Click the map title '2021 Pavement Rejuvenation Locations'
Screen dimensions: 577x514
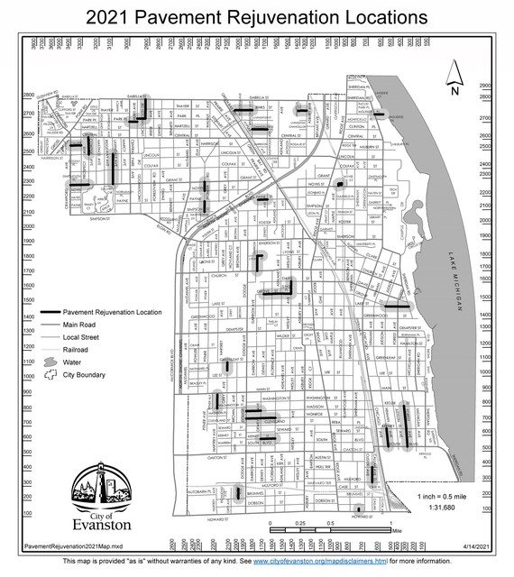pyautogui.click(x=256, y=17)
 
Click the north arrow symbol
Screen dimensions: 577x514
pyautogui.click(x=455, y=78)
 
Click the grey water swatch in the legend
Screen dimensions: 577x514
pyautogui.click(x=50, y=362)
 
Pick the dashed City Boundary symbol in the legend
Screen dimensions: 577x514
pyautogui.click(x=50, y=374)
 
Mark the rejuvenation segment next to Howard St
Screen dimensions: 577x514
pyautogui.click(x=359, y=509)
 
